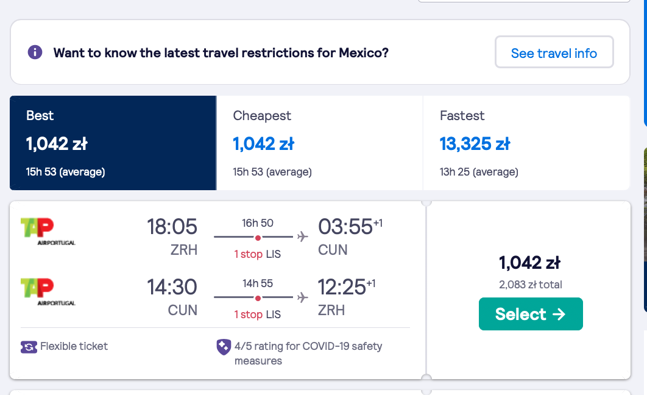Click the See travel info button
tap(554, 52)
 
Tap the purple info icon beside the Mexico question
tap(35, 52)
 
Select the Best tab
tap(113, 143)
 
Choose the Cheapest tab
tap(320, 143)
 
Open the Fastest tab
tap(526, 143)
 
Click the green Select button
tap(531, 314)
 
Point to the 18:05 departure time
tap(172, 227)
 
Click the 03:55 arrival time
tap(345, 227)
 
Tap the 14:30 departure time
tap(172, 287)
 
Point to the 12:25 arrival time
tap(342, 287)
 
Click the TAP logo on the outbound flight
tap(48, 231)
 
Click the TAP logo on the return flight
tap(48, 291)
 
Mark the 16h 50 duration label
tap(258, 223)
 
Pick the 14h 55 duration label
tap(258, 283)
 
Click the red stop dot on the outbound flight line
tap(258, 238)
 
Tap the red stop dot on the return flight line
tap(258, 298)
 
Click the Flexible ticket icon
tap(29, 347)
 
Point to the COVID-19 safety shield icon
tap(224, 347)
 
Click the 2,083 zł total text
tap(530, 285)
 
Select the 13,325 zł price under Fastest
tap(475, 144)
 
